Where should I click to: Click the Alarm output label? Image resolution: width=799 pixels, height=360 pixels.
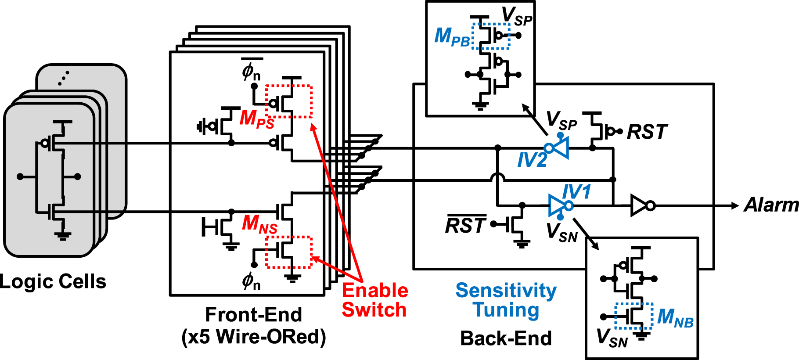[771, 205]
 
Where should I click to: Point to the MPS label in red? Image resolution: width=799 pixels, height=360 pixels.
[257, 119]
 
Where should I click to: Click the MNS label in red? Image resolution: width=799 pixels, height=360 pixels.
[259, 224]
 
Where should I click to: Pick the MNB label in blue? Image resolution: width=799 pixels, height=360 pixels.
[675, 317]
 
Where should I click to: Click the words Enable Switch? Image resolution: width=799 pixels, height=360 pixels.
[374, 300]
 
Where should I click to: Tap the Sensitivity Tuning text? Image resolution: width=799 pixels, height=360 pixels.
[506, 300]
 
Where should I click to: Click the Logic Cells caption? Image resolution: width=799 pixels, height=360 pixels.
[53, 281]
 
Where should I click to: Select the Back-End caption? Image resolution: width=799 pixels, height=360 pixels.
[506, 338]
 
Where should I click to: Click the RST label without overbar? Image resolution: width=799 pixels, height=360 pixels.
[647, 132]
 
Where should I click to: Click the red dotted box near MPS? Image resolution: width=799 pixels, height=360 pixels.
[289, 101]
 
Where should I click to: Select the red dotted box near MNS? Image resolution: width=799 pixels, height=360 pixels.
[289, 252]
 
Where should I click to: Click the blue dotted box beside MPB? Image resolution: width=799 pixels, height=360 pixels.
[490, 36]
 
